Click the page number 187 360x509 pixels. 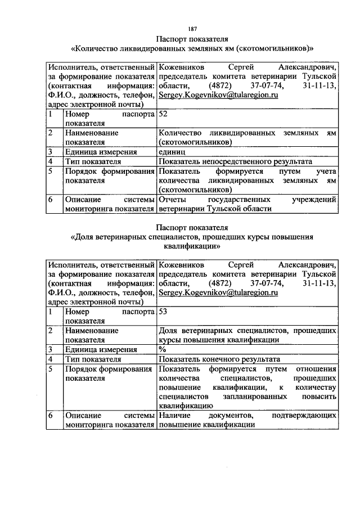pyautogui.click(x=192, y=29)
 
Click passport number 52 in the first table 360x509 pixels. pyautogui.click(x=164, y=114)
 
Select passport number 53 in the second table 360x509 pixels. pyautogui.click(x=164, y=310)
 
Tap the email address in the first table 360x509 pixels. pyautogui.click(x=219, y=96)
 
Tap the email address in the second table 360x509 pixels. pyautogui.click(x=219, y=292)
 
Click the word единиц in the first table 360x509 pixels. pyautogui.click(x=172, y=152)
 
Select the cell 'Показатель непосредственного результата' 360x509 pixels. pyautogui.click(x=228, y=161)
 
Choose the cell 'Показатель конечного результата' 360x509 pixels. pyautogui.click(x=219, y=359)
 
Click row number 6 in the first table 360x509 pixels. pyautogui.click(x=51, y=199)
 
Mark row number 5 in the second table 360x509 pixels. pyautogui.click(x=51, y=368)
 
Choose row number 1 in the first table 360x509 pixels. pyautogui.click(x=51, y=114)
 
